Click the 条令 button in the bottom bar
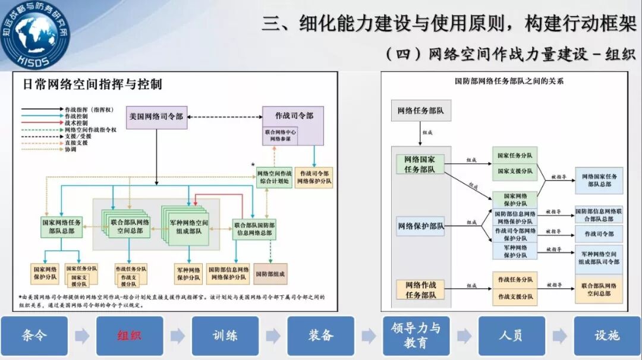[x=34, y=336]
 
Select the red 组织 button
[x=130, y=336]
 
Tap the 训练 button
[x=225, y=336]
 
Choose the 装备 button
[x=320, y=336]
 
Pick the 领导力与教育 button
[x=416, y=336]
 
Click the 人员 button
[x=511, y=336]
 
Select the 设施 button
[x=607, y=336]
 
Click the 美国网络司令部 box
[x=156, y=117]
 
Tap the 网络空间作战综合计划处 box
[x=274, y=177]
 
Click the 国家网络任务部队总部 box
[x=62, y=226]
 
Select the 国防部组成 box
[x=270, y=274]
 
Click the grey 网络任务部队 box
[x=420, y=110]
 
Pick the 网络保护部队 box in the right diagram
[x=420, y=226]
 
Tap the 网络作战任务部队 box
[x=420, y=289]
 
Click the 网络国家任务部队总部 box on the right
[x=599, y=181]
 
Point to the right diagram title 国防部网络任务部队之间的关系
[x=509, y=81]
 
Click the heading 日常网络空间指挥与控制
[x=92, y=84]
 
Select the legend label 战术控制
[x=77, y=122]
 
